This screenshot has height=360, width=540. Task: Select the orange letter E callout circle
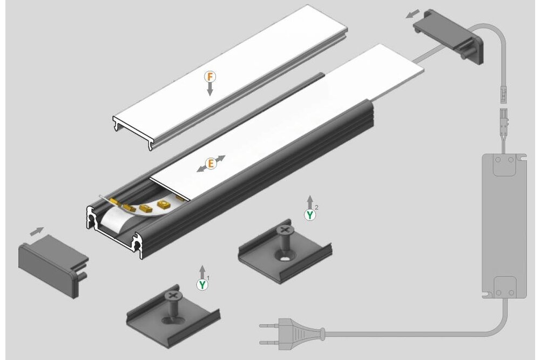tap(211, 163)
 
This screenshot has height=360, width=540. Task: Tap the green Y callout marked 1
tap(202, 284)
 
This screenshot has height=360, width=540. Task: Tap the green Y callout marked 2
tap(309, 215)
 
